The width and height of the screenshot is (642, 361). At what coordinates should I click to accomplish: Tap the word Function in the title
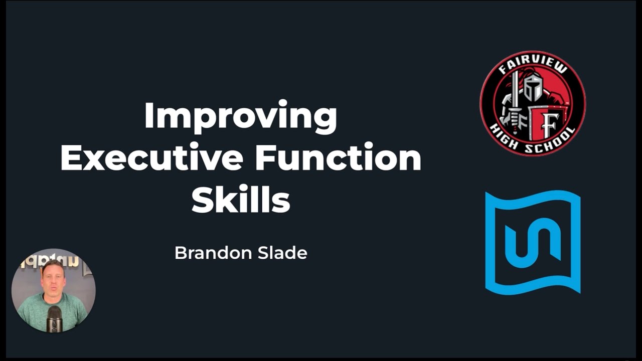(x=338, y=158)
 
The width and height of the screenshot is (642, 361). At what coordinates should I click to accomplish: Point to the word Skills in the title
(x=241, y=199)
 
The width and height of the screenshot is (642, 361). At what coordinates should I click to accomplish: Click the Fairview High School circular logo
(x=533, y=103)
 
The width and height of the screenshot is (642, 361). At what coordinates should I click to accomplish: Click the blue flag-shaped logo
(x=533, y=242)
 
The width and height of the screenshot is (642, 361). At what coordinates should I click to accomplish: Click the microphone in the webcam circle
(x=54, y=319)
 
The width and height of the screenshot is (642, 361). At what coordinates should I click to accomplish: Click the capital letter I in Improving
(x=149, y=116)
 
